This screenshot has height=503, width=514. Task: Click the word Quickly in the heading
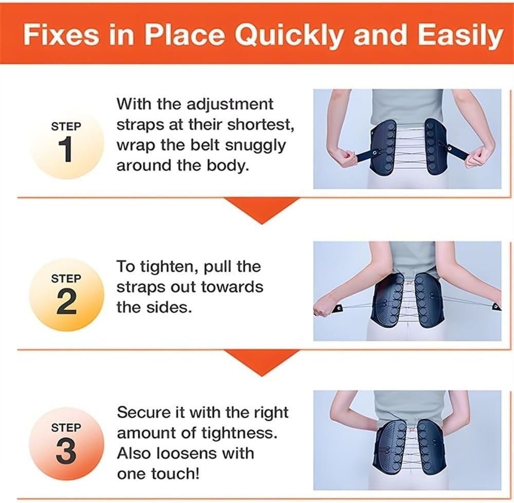click(290, 35)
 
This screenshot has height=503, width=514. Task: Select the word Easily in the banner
click(461, 35)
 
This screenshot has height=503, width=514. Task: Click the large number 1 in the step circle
click(67, 150)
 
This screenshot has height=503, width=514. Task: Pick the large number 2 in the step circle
click(66, 302)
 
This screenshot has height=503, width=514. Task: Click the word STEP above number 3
click(66, 427)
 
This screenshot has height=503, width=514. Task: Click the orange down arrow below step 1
click(262, 210)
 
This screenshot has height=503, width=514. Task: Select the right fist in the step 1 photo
click(478, 156)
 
